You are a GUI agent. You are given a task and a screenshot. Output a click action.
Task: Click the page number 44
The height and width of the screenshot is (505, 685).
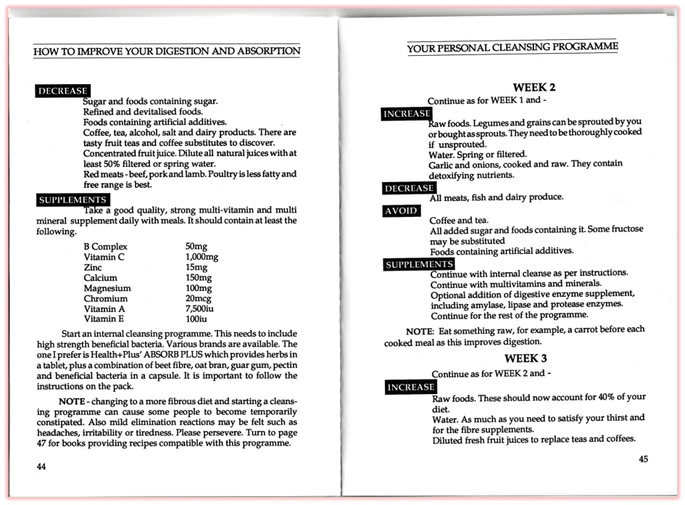pyautogui.click(x=41, y=467)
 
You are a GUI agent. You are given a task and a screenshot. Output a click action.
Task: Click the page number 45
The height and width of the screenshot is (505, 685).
pyautogui.click(x=644, y=459)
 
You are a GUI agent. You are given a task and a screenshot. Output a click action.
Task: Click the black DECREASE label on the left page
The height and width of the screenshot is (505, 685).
pyautogui.click(x=62, y=91)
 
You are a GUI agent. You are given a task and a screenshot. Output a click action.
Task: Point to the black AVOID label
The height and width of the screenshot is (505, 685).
pyautogui.click(x=401, y=211)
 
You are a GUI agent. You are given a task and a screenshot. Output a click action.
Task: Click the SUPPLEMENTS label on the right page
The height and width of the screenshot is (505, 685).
pyautogui.click(x=419, y=264)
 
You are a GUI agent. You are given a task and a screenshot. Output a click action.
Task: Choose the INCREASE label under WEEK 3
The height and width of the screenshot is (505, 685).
pyautogui.click(x=410, y=387)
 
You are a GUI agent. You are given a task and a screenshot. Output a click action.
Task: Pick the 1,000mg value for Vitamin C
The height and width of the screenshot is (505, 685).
pyautogui.click(x=202, y=257)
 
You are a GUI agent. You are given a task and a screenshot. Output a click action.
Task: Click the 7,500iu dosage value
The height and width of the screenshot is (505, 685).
pyautogui.click(x=199, y=308)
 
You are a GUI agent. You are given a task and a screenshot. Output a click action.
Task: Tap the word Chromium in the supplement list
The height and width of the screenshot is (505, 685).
pyautogui.click(x=106, y=298)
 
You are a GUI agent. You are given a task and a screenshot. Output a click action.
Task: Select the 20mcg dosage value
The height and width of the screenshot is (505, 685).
pyautogui.click(x=197, y=298)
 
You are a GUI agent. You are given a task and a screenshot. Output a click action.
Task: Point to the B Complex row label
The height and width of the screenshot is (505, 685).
pyautogui.click(x=106, y=247)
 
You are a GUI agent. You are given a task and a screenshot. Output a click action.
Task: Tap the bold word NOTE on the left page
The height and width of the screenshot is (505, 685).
pyautogui.click(x=72, y=401)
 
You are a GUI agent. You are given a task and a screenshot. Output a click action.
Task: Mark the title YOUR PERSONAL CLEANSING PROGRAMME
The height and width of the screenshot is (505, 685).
pyautogui.click(x=512, y=48)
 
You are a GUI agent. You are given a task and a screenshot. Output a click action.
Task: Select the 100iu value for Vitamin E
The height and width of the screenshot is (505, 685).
pyautogui.click(x=196, y=319)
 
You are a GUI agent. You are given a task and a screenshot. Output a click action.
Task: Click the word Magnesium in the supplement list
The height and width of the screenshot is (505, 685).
pyautogui.click(x=107, y=288)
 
